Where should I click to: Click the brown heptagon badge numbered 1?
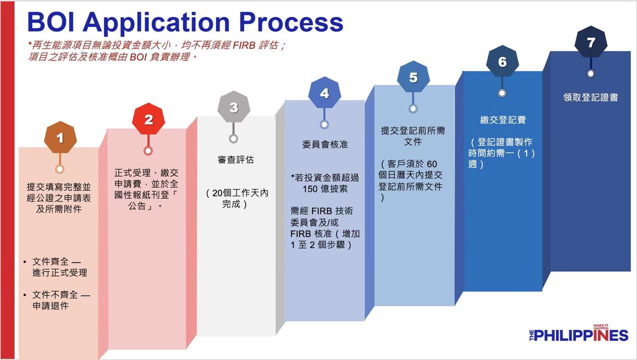click(60, 137)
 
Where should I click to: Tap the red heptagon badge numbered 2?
click(148, 119)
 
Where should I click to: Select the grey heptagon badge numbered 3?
click(234, 107)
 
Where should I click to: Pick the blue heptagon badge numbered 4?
click(324, 92)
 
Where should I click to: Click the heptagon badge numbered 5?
click(413, 77)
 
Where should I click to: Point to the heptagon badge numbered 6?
click(502, 61)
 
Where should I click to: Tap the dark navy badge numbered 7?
click(591, 42)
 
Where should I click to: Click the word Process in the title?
click(291, 22)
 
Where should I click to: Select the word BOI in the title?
click(51, 22)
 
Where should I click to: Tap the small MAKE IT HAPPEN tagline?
click(601, 327)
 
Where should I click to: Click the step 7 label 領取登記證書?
click(590, 97)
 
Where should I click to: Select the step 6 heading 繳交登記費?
click(503, 119)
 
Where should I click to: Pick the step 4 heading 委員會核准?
click(325, 144)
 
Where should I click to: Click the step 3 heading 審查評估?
click(235, 159)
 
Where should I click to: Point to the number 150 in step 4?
click(310, 189)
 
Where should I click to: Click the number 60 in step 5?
click(431, 164)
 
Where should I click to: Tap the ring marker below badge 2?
click(148, 150)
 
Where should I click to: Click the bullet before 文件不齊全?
click(25, 295)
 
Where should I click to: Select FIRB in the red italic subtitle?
click(244, 45)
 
